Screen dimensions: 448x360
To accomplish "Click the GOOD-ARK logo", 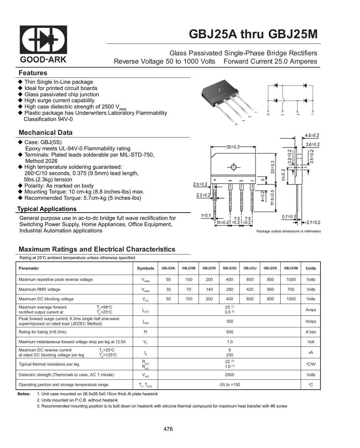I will tap(43, 44).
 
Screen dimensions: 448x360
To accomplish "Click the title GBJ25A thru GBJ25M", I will tap(253, 34).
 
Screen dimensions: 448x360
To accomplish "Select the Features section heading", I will tap(33, 73).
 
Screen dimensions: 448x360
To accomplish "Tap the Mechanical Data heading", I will tap(45, 133).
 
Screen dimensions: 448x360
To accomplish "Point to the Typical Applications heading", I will tap(46, 209).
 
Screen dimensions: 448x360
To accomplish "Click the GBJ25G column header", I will tap(230, 268).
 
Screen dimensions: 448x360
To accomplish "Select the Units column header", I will tap(311, 268).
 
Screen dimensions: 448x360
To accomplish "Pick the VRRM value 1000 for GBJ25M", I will tap(291, 280).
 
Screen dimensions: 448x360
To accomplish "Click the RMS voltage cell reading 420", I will tap(250, 289).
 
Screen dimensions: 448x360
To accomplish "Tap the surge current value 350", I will tap(230, 321).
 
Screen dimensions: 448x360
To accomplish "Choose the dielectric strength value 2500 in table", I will tap(230, 375).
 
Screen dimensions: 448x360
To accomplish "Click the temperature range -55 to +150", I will tap(230, 385).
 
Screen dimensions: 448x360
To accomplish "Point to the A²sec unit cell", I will tap(311, 332).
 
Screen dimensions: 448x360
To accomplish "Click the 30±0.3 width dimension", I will tap(233, 147).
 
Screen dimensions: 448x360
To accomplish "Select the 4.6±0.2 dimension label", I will tap(312, 135).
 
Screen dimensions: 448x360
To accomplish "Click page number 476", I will tap(168, 429).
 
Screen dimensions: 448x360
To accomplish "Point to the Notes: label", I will tap(24, 394).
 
